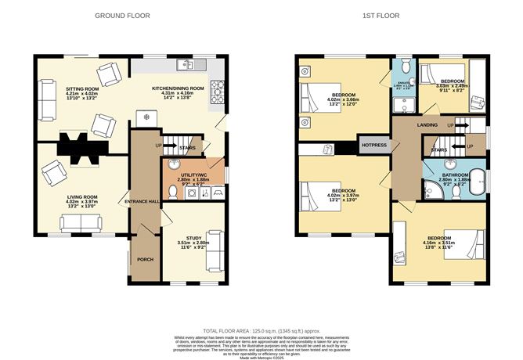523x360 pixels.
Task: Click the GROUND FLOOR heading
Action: [123, 16]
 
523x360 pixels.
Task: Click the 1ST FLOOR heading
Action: [382, 16]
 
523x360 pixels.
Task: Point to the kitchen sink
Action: [189, 64]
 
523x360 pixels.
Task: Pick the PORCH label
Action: [146, 260]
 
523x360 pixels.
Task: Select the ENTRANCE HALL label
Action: [142, 202]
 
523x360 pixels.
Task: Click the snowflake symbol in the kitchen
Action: [146, 117]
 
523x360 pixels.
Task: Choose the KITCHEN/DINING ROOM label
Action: [178, 88]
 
